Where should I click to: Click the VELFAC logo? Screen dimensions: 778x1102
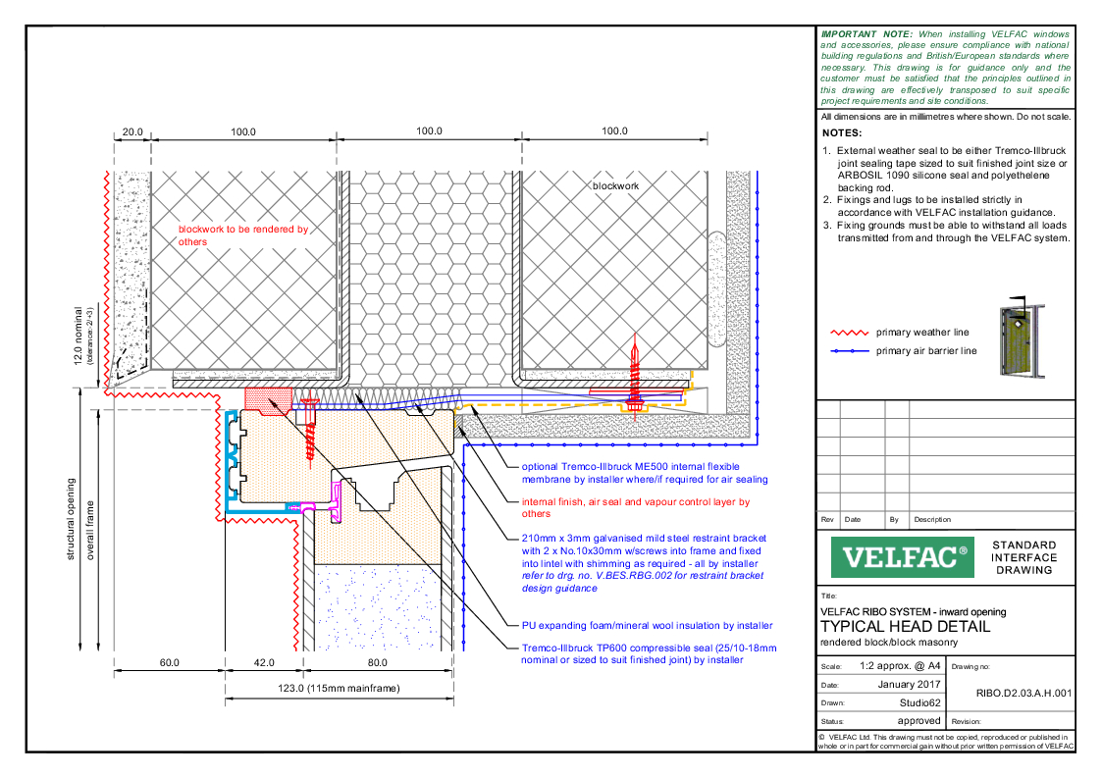click(x=900, y=557)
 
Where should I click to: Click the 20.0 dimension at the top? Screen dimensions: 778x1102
click(x=132, y=131)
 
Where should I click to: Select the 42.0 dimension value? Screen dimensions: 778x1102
click(x=265, y=662)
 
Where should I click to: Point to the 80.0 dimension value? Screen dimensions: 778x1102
click(x=378, y=662)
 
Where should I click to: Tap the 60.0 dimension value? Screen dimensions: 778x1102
click(x=170, y=662)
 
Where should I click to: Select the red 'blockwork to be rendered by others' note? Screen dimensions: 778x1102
click(x=242, y=235)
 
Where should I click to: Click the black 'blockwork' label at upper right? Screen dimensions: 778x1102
click(x=614, y=185)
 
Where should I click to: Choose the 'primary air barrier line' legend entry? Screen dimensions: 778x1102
click(x=926, y=350)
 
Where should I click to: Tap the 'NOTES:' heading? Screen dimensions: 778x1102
click(x=842, y=132)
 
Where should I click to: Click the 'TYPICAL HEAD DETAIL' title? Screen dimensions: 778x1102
click(x=905, y=627)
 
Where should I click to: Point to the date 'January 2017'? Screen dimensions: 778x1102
click(x=908, y=685)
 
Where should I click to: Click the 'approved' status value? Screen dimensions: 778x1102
click(x=918, y=720)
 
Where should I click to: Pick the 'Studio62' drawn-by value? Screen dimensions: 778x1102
click(x=919, y=702)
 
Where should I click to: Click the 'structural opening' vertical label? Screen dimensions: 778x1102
click(x=71, y=519)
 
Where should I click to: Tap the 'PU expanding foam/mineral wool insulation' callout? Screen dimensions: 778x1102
click(x=647, y=625)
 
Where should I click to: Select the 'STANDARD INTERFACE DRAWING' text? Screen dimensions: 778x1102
click(x=1024, y=557)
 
